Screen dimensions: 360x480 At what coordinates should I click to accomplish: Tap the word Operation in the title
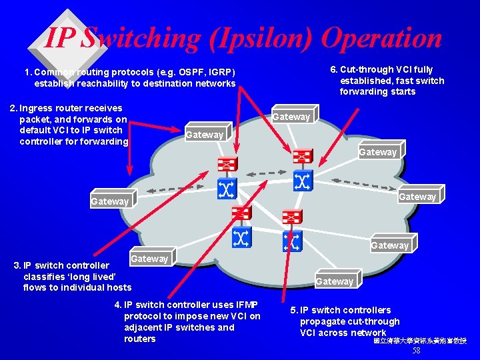pyautogui.click(x=383, y=39)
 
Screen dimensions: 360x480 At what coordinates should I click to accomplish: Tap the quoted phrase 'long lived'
pyautogui.click(x=94, y=276)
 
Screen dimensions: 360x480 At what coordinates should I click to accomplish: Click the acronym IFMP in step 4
pyautogui.click(x=244, y=305)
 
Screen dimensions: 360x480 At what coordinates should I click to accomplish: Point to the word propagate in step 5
pyautogui.click(x=323, y=321)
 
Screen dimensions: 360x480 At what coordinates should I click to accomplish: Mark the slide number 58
pyautogui.click(x=417, y=351)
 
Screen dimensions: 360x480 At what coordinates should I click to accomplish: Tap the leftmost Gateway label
pyautogui.click(x=110, y=201)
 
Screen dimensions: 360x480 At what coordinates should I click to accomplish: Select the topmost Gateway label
pyautogui.click(x=291, y=117)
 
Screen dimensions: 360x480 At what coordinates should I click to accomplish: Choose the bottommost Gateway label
pyautogui.click(x=335, y=281)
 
